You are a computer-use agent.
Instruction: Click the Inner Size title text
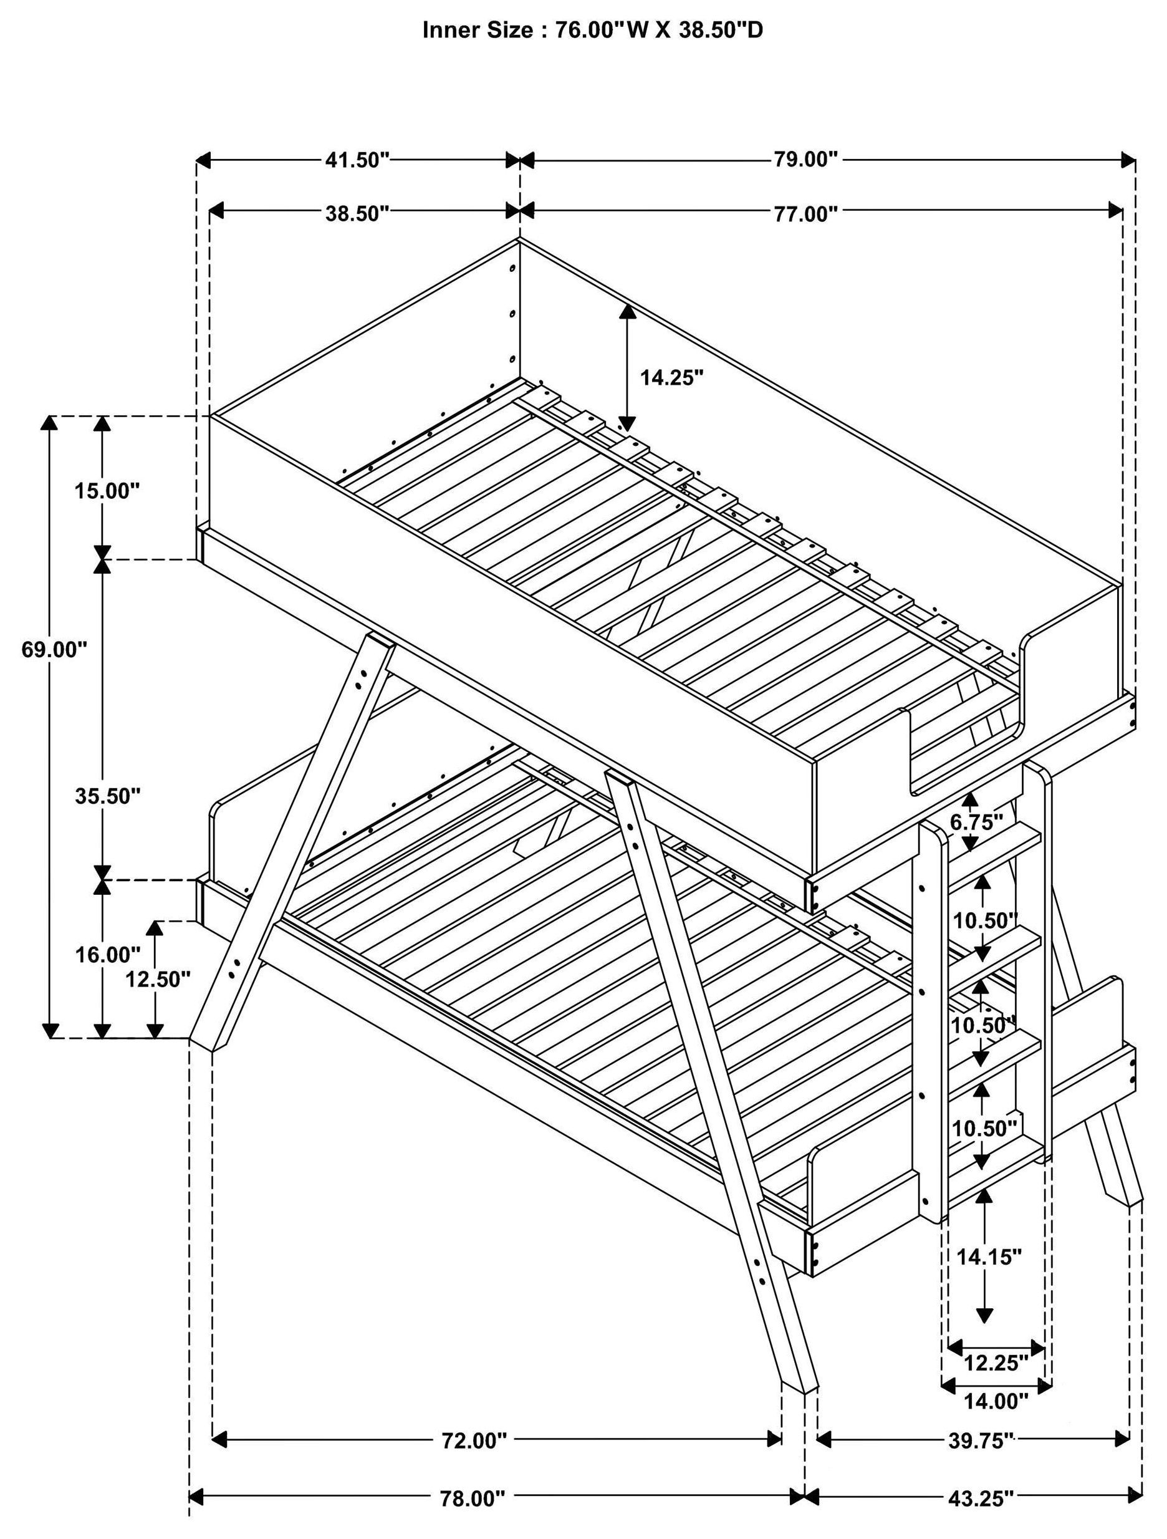pyautogui.click(x=593, y=30)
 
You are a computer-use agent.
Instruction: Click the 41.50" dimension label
pyautogui.click(x=357, y=160)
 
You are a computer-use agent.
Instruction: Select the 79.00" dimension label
pyautogui.click(x=806, y=160)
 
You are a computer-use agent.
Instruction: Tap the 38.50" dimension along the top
pyautogui.click(x=357, y=214)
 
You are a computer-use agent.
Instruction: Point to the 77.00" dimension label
pyautogui.click(x=806, y=214)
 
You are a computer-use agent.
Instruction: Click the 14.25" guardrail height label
pyautogui.click(x=672, y=378)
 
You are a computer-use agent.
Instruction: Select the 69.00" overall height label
pyautogui.click(x=54, y=649)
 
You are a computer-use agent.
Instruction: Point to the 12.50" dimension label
pyautogui.click(x=158, y=980)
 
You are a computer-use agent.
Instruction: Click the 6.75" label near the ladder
pyautogui.click(x=976, y=822)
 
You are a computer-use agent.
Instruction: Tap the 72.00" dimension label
pyautogui.click(x=475, y=1440)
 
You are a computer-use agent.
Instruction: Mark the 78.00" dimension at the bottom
pyautogui.click(x=471, y=1498)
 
